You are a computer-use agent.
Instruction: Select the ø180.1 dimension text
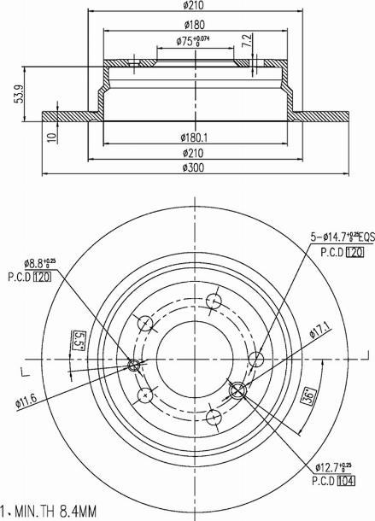pyautogui.click(x=195, y=136)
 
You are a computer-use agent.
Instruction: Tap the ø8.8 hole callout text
pyautogui.click(x=29, y=266)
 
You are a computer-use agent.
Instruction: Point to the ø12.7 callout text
pyautogui.click(x=333, y=468)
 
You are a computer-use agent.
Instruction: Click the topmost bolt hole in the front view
pyautogui.click(x=214, y=301)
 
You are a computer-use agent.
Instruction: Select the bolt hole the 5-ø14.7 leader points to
pyautogui.click(x=253, y=357)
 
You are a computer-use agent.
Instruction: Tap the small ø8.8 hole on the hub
pyautogui.click(x=133, y=366)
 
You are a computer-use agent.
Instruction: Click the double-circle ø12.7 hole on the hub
pyautogui.click(x=237, y=391)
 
